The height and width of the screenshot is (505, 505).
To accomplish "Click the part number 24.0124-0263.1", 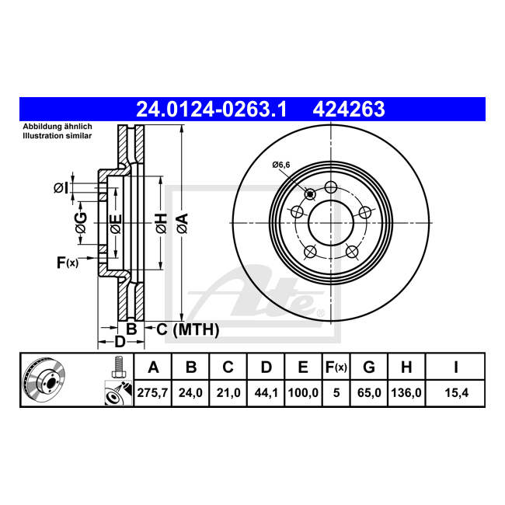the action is point(211,110).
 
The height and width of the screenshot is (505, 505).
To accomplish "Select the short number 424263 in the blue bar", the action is point(349,110).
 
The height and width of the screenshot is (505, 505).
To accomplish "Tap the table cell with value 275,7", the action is point(152,393).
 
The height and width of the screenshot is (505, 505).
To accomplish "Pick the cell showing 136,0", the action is point(406,393).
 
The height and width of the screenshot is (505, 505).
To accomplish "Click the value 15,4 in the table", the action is point(456,393).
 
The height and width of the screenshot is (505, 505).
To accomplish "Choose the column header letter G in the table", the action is point(369,367).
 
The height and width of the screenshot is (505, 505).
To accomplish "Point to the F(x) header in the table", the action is point(336,367).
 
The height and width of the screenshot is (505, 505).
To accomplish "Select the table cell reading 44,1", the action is point(266,393).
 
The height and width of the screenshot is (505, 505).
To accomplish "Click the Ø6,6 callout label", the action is point(280,165).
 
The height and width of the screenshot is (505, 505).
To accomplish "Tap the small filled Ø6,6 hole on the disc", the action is point(310,194).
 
